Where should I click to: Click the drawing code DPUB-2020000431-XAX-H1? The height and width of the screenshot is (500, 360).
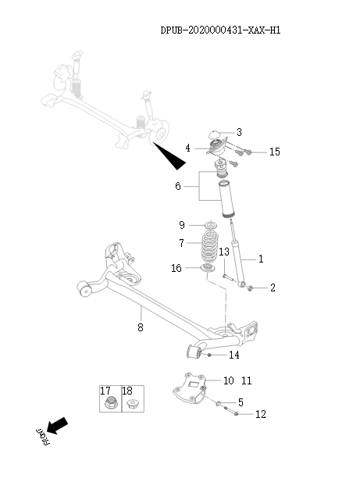(220, 30)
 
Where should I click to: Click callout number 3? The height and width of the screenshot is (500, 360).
(239, 132)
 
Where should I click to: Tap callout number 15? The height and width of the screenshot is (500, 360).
(274, 152)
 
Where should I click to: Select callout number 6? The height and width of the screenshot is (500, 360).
(178, 187)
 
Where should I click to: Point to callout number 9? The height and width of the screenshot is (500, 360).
(182, 225)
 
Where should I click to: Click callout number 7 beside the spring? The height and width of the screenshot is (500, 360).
(181, 243)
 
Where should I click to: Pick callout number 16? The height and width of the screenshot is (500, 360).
(177, 268)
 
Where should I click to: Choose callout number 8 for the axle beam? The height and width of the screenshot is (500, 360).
(141, 327)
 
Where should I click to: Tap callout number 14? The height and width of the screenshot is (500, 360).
(233, 355)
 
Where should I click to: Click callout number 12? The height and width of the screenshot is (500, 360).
(261, 414)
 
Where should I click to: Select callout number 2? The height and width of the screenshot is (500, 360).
(273, 288)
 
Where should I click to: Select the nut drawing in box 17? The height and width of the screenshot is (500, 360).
(110, 404)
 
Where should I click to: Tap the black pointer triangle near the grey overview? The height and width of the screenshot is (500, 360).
(172, 156)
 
